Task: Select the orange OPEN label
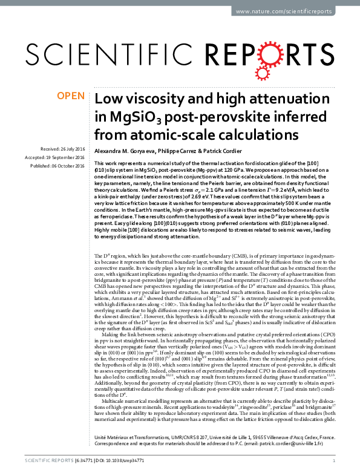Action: point(71,96)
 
